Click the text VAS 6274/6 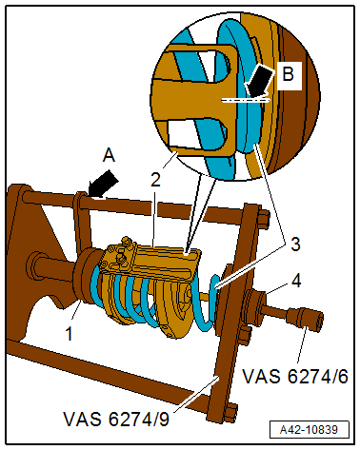[x=295, y=375]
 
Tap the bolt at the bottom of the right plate [x=229, y=411]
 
